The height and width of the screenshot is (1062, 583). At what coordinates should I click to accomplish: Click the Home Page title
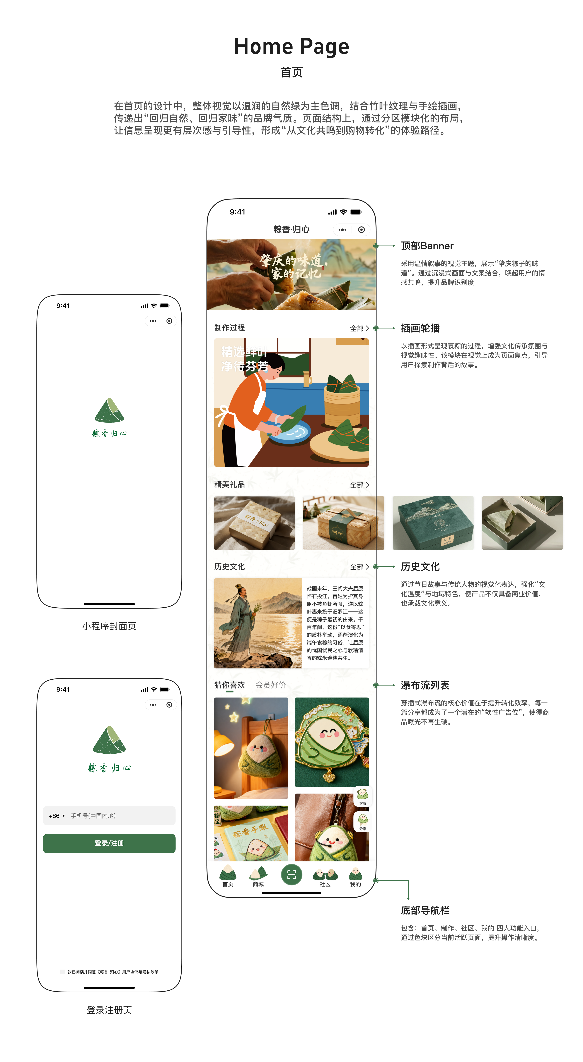(x=291, y=46)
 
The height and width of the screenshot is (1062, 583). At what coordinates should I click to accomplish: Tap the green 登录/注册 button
(x=109, y=843)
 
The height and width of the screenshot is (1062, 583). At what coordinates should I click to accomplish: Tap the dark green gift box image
(x=433, y=523)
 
